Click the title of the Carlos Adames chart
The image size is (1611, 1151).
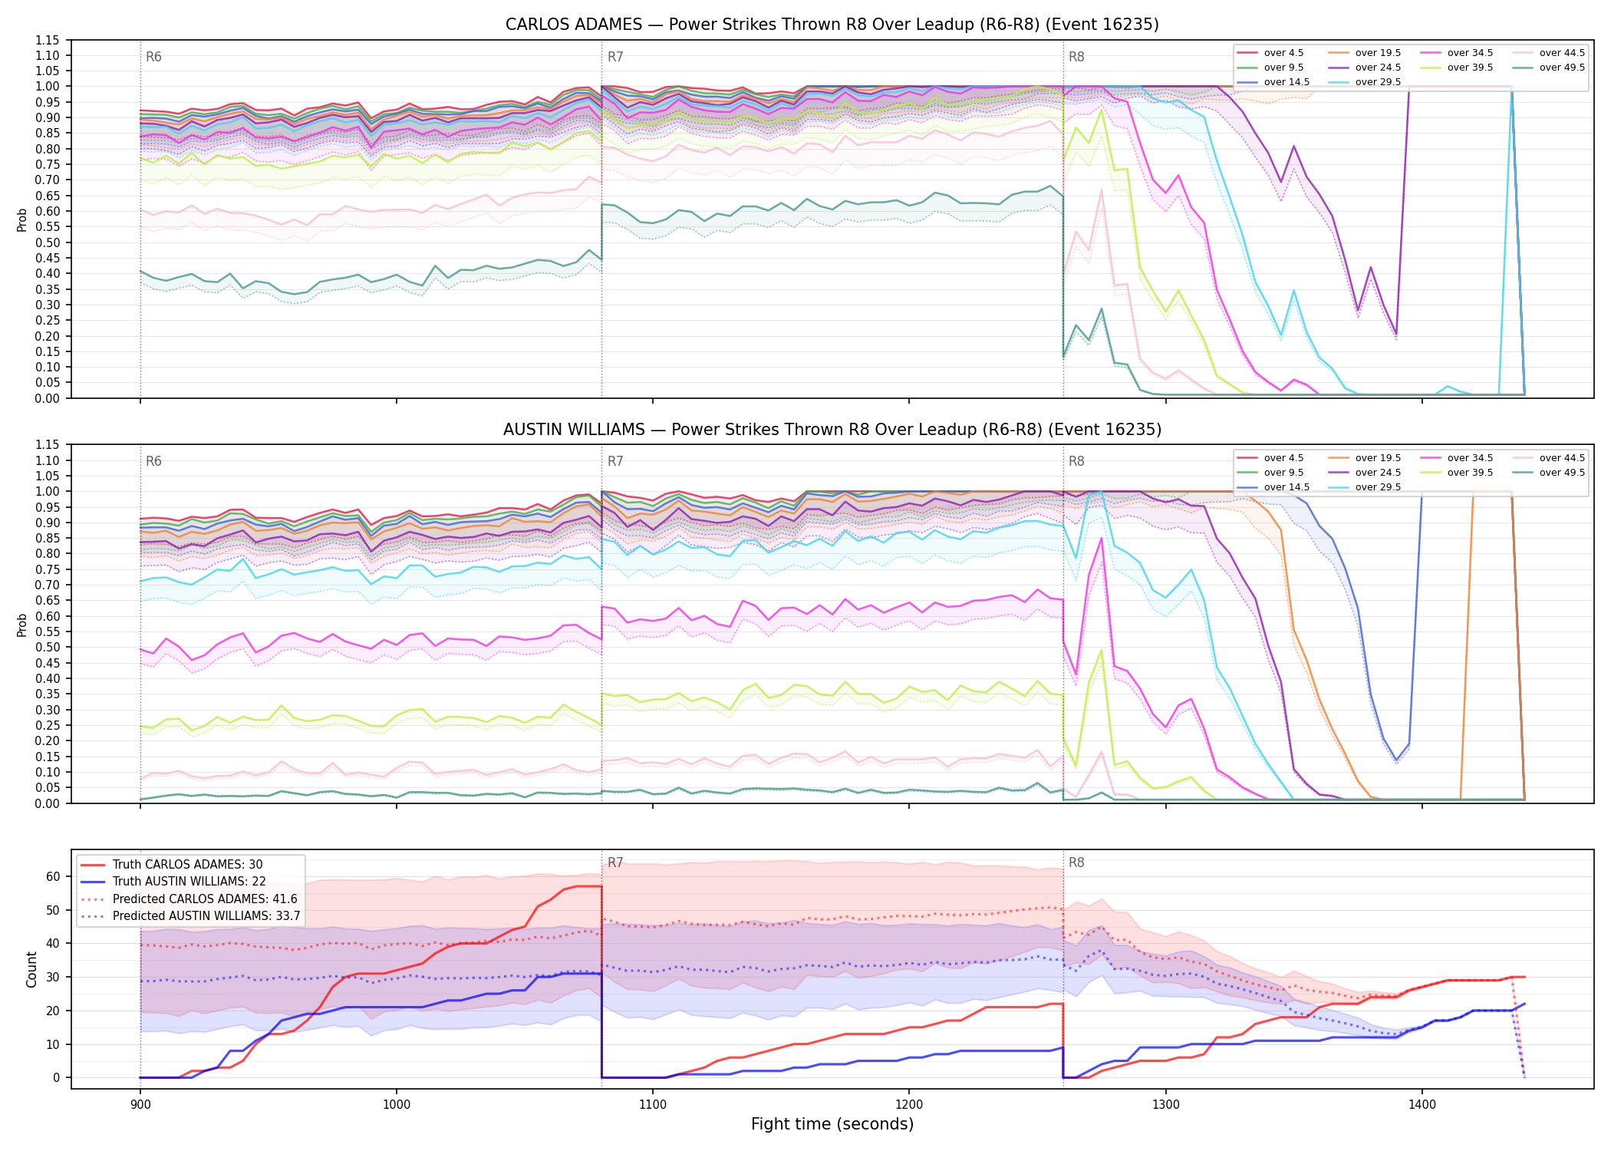[x=832, y=25]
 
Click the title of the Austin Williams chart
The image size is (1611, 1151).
[x=832, y=430]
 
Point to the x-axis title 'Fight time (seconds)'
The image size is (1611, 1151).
[x=832, y=1124]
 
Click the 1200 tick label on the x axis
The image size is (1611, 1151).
[x=909, y=1105]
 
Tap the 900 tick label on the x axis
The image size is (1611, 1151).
[x=140, y=1105]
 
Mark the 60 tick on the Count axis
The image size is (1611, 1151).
[x=53, y=876]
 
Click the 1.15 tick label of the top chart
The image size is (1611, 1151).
[x=47, y=40]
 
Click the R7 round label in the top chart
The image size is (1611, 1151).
[x=615, y=57]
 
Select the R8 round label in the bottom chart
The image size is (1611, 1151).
[x=1076, y=862]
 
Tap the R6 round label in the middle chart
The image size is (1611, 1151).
[x=153, y=461]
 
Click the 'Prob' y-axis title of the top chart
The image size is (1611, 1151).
[x=22, y=219]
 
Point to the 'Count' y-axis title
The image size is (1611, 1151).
[x=31, y=969]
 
